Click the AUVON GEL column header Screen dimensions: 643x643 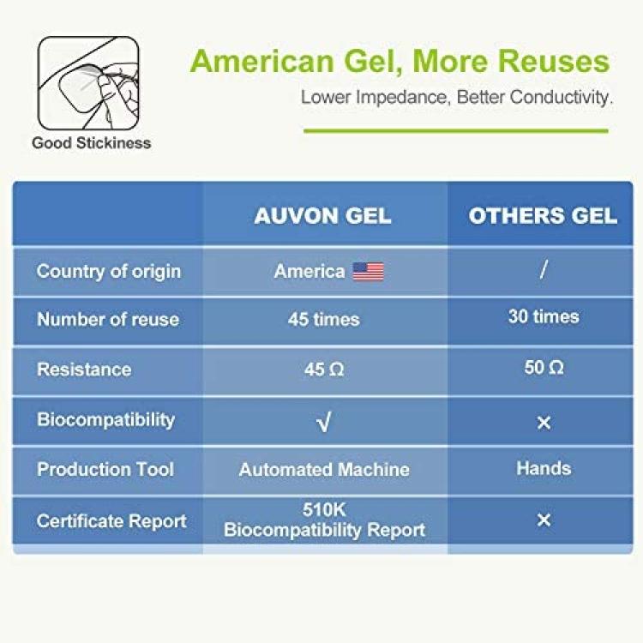(322, 216)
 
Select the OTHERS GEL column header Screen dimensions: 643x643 (543, 216)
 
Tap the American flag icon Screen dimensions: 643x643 (369, 272)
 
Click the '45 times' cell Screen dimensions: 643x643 (323, 319)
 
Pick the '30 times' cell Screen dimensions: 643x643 (544, 316)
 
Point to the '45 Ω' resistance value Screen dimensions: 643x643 (324, 369)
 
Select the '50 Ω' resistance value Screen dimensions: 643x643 (544, 367)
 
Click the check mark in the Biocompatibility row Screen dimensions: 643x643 (323, 423)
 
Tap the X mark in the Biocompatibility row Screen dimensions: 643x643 (544, 423)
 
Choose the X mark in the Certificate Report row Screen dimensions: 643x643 (544, 520)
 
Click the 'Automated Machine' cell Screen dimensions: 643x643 (324, 470)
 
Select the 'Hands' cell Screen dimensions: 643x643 (544, 468)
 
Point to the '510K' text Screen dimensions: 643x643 (324, 510)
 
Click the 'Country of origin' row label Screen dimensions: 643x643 (109, 272)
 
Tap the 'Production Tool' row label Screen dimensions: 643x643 (105, 469)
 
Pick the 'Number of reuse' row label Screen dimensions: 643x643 (108, 319)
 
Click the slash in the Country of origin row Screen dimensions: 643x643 (544, 270)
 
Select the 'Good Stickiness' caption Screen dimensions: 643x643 (92, 142)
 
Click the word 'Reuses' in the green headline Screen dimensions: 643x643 (554, 62)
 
